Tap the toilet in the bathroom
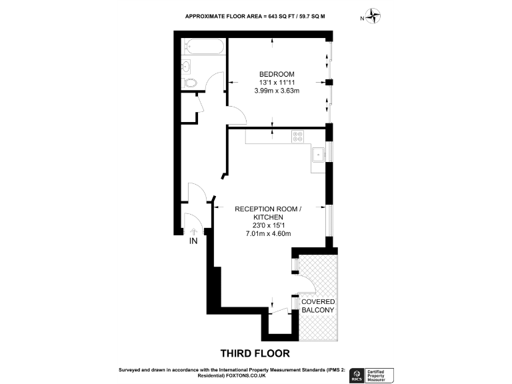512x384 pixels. [x=191, y=83]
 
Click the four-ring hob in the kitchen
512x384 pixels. [x=298, y=137]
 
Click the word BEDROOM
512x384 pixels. [x=277, y=74]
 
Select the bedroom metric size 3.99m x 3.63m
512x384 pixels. [x=277, y=91]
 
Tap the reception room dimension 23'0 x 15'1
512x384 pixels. [x=268, y=225]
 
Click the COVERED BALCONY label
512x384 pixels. [x=318, y=307]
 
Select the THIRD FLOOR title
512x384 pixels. [x=255, y=353]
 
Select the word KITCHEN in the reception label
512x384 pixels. [x=268, y=217]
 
